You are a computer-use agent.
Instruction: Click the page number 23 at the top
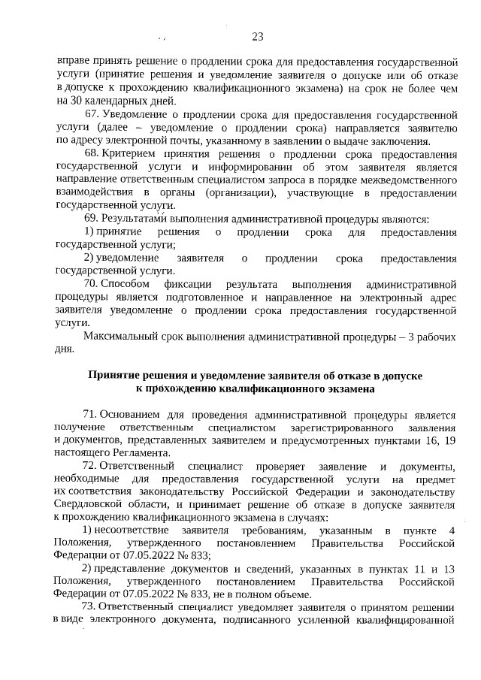point(257,36)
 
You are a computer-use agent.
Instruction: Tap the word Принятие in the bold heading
point(113,375)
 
